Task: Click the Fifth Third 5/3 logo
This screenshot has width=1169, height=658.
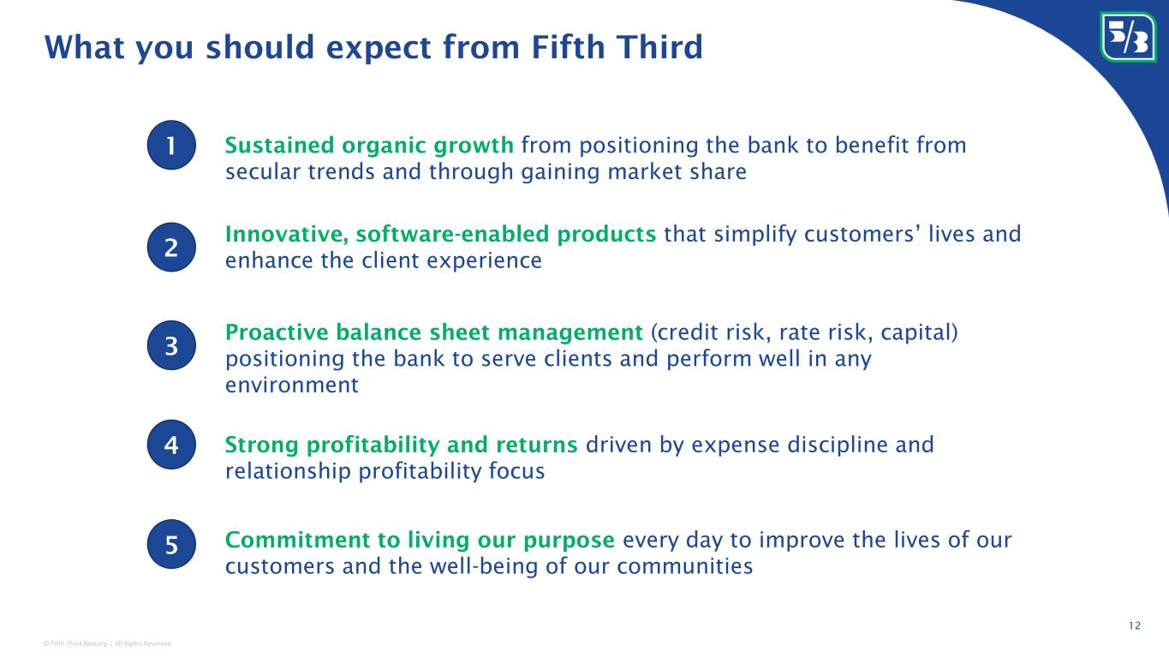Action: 1128,37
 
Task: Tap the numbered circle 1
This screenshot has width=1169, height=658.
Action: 171,145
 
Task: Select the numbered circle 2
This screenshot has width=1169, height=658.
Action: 171,247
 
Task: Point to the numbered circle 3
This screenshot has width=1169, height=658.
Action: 171,345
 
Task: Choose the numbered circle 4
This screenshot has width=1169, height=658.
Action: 171,445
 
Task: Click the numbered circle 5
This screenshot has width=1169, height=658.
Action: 171,544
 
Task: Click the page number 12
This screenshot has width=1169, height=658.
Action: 1135,625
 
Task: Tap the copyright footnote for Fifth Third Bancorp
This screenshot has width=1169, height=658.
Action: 107,643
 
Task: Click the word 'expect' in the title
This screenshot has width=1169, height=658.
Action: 379,48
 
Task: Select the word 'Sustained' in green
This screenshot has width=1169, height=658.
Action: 279,145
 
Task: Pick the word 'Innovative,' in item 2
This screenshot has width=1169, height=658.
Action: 287,234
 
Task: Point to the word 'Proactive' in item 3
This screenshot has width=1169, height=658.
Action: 276,332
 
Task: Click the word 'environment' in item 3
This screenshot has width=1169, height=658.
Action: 292,386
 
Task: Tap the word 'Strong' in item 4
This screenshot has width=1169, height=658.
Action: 261,445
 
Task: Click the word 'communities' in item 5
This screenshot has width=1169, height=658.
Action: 685,566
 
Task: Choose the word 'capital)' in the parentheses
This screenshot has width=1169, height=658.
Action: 919,332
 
